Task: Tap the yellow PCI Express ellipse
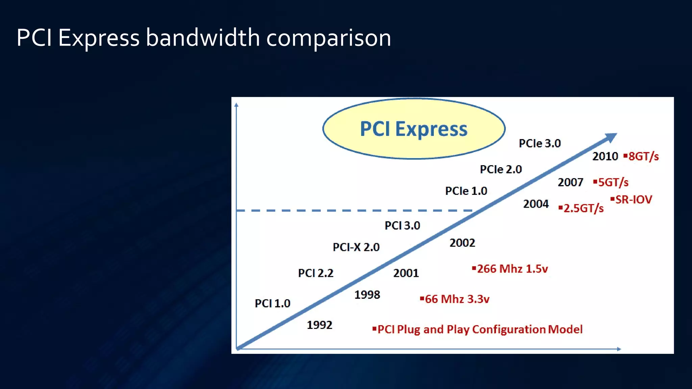[x=414, y=129]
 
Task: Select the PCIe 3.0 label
[x=540, y=144]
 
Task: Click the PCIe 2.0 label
[x=501, y=169]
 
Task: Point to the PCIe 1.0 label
[x=466, y=191]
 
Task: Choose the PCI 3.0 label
[x=402, y=226]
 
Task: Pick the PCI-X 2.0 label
[x=356, y=247]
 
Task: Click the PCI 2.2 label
[x=316, y=273]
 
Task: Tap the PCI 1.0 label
[x=272, y=303]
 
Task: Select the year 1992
[x=319, y=325]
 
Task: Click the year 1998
[x=367, y=295]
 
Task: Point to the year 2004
[x=536, y=204]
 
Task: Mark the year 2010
[x=605, y=156]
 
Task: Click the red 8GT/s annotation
[x=643, y=156]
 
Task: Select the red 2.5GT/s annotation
[x=583, y=208]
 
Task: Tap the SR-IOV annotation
[x=633, y=200]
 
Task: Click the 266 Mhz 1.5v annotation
[x=512, y=269]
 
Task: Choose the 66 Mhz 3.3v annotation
[x=456, y=299]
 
